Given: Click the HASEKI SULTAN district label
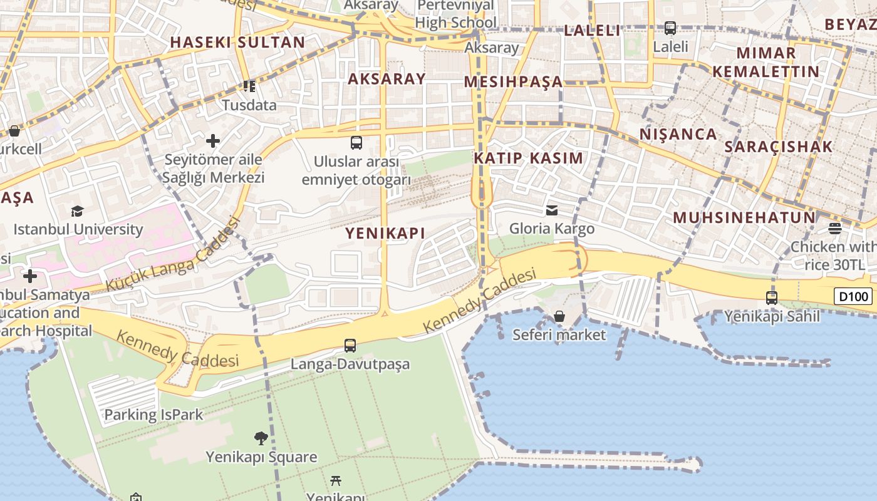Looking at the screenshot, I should [x=237, y=43].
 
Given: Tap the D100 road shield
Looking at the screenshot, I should [x=853, y=296].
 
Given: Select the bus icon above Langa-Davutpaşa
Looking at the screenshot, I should [x=350, y=345].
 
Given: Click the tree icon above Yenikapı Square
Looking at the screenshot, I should [x=261, y=438].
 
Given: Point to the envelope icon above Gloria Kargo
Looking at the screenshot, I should [x=552, y=210].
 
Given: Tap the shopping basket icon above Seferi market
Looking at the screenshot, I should [x=559, y=316].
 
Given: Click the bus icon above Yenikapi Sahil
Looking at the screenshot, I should [x=772, y=297].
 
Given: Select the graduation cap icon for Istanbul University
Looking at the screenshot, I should [x=77, y=211].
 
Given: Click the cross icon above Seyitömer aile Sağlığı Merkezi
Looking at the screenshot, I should [x=213, y=141].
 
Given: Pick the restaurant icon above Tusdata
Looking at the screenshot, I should [x=249, y=86].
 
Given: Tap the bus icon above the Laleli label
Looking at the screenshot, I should [x=670, y=28].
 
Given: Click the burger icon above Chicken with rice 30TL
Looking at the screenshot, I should [x=834, y=228].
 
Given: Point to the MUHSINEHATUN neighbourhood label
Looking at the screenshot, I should [x=744, y=218].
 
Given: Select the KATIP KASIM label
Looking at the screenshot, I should [x=528, y=158].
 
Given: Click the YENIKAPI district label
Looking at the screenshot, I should [x=385, y=234].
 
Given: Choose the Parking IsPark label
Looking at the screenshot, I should [x=153, y=415].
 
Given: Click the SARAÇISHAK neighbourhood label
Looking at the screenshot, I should [x=778, y=147].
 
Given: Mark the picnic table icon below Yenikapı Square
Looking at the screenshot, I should [x=336, y=481].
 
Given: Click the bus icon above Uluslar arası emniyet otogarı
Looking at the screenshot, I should [x=356, y=143].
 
